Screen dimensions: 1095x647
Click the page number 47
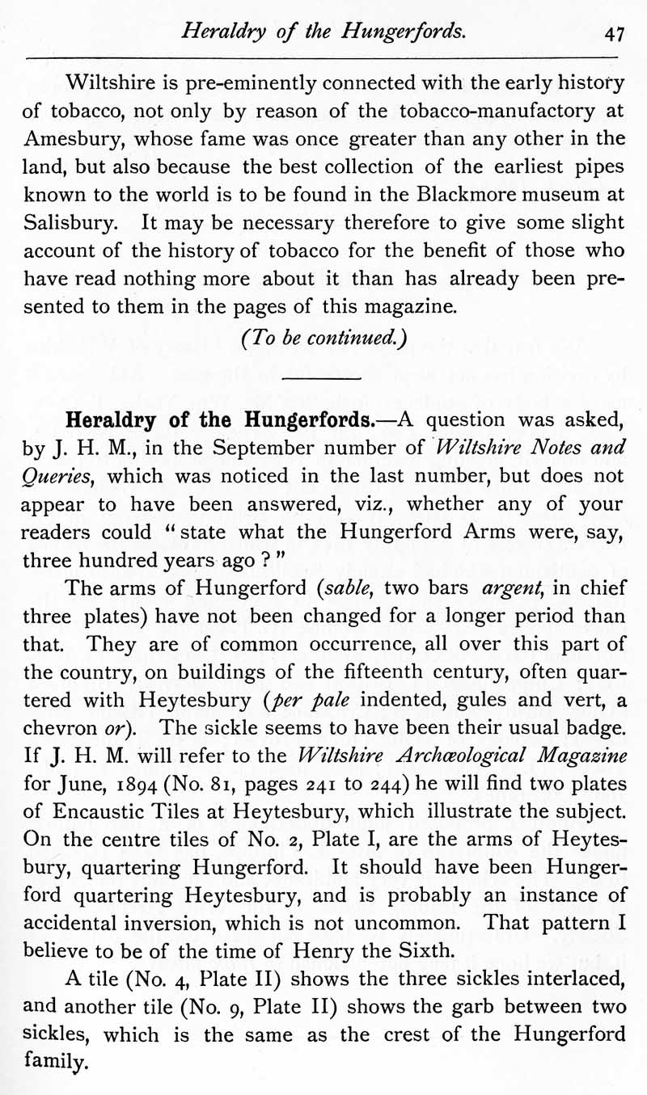[614, 33]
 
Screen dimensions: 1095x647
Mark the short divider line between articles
[323, 378]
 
